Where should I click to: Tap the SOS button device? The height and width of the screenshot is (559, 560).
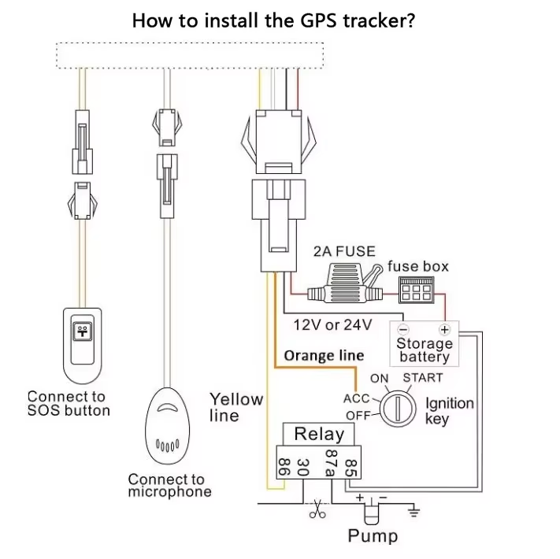82,343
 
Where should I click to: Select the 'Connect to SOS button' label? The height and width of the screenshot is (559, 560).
69,404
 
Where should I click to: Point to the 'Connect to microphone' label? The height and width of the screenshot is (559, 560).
167,485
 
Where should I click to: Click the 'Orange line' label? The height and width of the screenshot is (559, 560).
324,356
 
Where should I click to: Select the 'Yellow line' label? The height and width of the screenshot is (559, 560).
236,406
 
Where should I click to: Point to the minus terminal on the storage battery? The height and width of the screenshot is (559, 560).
403,330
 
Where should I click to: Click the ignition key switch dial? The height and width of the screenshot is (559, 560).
401,409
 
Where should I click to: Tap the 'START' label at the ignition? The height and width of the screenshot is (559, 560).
423,378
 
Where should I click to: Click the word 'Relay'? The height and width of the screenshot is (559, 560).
319,434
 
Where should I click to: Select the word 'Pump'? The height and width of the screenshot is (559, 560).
373,537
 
